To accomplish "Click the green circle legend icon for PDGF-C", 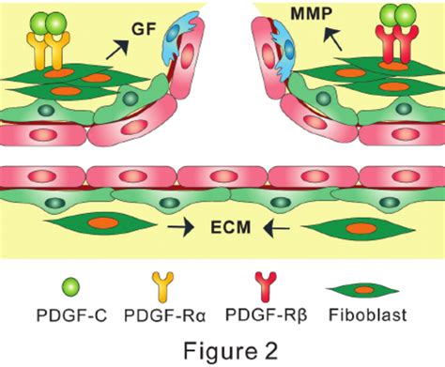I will (x=58, y=286).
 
